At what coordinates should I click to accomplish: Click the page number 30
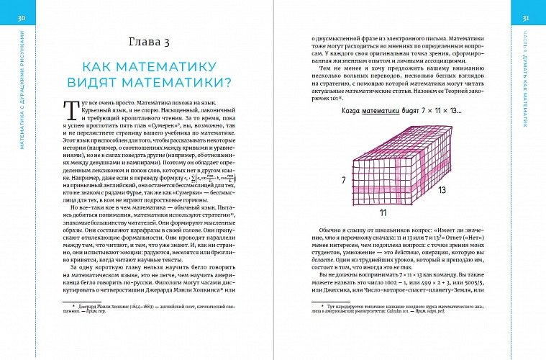coord(21,17)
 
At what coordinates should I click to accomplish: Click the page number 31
coord(525,17)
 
